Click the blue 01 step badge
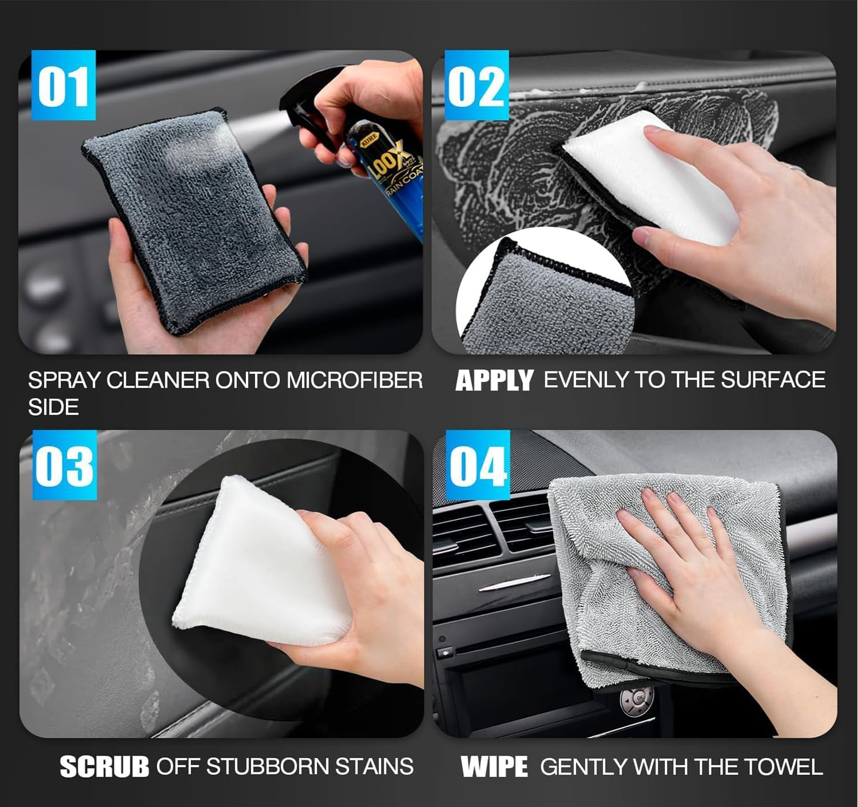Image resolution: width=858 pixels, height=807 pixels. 63,86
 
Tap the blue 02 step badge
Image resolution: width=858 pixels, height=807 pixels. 476,86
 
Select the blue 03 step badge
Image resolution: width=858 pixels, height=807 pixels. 64,466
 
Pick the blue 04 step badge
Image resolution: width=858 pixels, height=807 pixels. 478,466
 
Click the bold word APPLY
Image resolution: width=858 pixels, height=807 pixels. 494,381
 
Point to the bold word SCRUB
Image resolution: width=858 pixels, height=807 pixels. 104,767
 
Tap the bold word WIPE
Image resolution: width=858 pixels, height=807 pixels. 494,767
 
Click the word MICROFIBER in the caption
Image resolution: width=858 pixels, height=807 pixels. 355,380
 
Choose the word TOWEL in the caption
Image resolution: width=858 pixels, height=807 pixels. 786,767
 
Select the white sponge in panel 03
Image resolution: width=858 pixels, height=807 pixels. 257,566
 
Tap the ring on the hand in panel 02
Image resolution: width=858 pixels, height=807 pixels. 793,167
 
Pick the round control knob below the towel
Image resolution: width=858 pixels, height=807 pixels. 634,698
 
